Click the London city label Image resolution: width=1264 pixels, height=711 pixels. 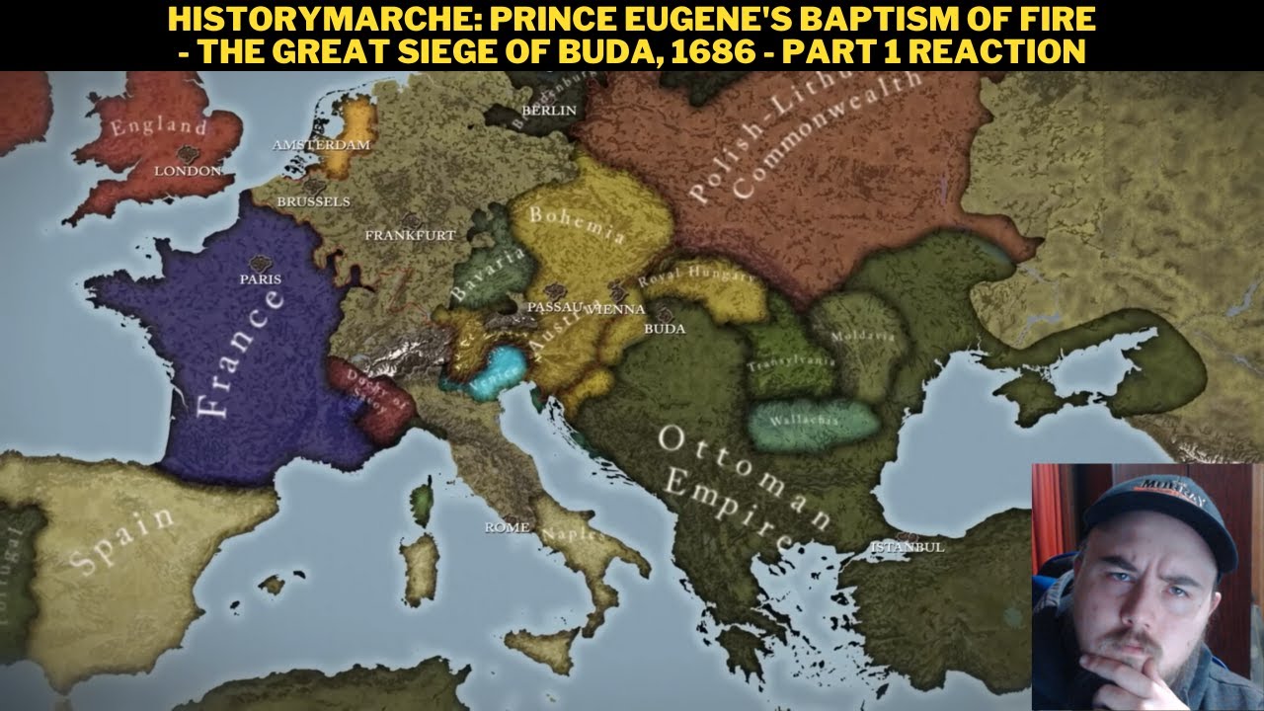click(188, 171)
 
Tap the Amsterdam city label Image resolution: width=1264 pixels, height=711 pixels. click(321, 145)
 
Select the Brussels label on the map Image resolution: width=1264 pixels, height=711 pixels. click(314, 201)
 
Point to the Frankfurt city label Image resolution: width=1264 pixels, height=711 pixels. click(410, 235)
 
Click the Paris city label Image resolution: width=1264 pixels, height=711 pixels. click(261, 278)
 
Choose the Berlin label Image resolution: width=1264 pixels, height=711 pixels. click(548, 111)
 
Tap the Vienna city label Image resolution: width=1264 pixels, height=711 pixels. click(615, 308)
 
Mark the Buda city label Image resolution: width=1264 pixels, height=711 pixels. click(664, 329)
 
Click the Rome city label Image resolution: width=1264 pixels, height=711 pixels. click(507, 527)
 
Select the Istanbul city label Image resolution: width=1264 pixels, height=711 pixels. click(907, 546)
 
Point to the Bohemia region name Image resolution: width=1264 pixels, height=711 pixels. click(578, 224)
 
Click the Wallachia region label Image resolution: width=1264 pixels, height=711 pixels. click(813, 420)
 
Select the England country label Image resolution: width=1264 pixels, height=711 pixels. click(158, 126)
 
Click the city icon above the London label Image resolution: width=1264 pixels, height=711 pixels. click(187, 154)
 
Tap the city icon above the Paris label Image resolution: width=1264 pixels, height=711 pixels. click(262, 263)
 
